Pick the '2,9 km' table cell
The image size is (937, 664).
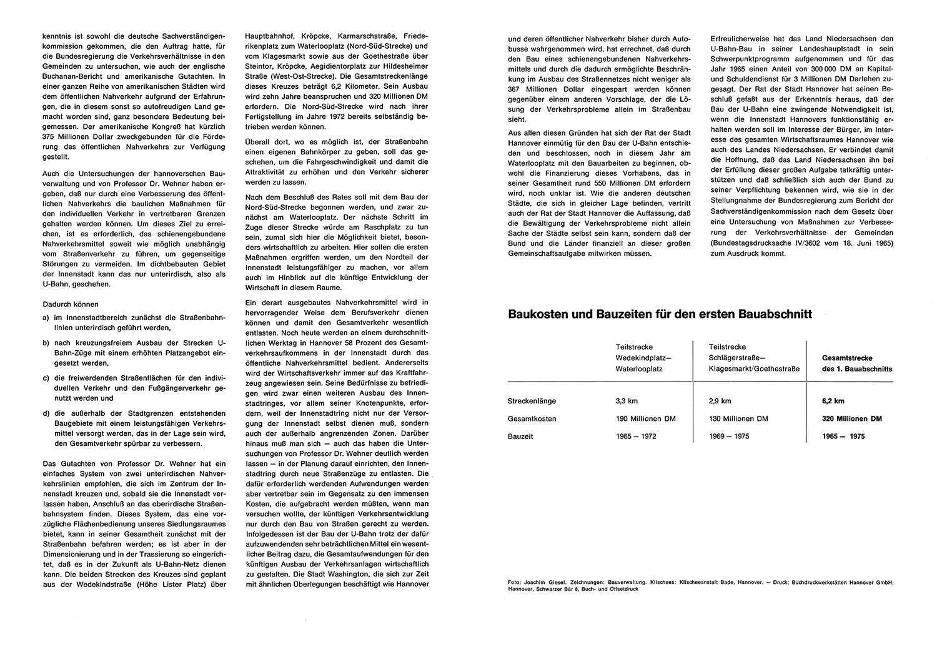click(x=720, y=401)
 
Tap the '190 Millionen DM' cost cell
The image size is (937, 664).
click(x=645, y=418)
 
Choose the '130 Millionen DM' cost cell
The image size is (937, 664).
click(x=738, y=418)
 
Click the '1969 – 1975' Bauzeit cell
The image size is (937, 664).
click(x=730, y=436)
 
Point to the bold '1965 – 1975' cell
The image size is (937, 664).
click(x=844, y=436)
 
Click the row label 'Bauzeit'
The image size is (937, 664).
click(x=520, y=436)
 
